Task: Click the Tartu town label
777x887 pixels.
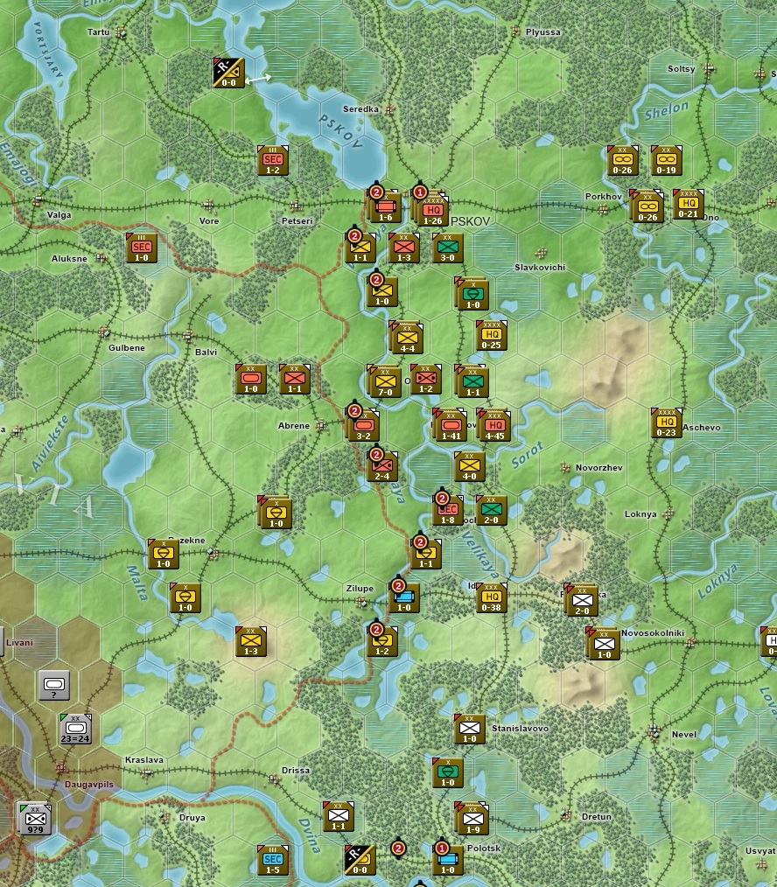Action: (99, 32)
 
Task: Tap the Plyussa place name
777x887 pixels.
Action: (542, 32)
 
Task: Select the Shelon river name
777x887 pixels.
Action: (667, 111)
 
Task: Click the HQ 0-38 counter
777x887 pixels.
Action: (492, 598)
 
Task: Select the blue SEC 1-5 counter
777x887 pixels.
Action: (272, 860)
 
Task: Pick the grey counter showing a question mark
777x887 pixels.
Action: (54, 685)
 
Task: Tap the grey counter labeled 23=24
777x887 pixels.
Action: (76, 728)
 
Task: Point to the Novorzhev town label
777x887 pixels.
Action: (598, 468)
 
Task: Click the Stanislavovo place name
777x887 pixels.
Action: (520, 728)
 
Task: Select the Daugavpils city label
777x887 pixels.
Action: (90, 784)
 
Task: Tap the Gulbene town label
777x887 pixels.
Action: (126, 347)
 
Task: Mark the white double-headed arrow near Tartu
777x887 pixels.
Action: (258, 80)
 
